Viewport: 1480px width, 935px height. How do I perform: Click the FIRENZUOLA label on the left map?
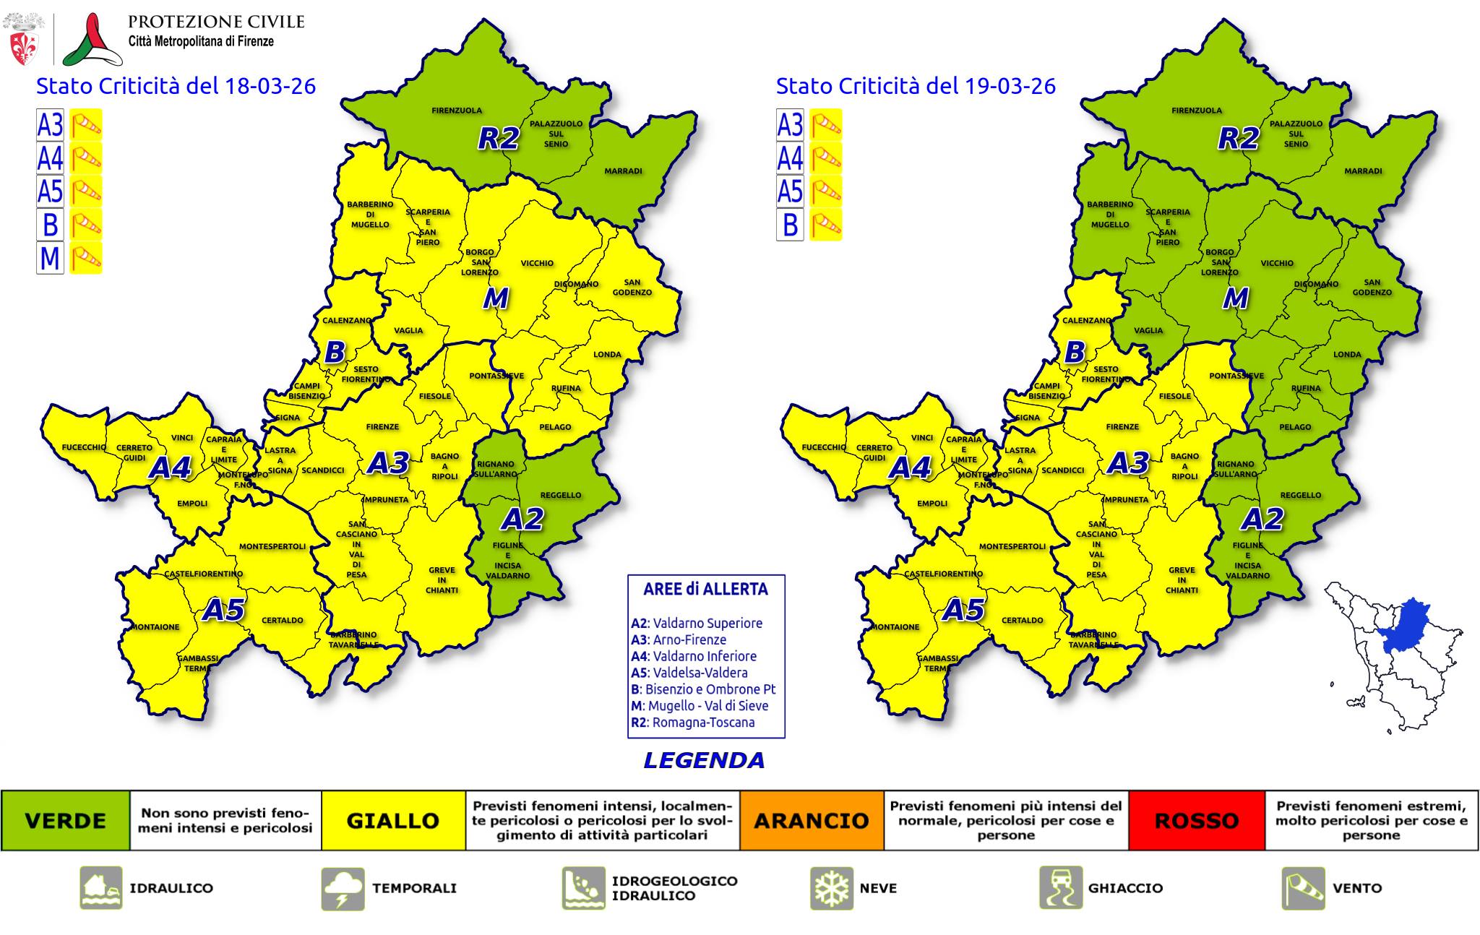click(x=457, y=111)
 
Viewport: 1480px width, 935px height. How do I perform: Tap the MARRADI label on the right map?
click(x=1363, y=171)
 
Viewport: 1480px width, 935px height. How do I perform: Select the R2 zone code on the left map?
click(x=499, y=138)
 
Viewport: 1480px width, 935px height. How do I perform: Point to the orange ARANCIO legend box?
click(x=811, y=821)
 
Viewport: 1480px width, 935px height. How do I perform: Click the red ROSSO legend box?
click(x=1197, y=821)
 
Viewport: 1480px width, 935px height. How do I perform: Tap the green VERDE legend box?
click(x=65, y=821)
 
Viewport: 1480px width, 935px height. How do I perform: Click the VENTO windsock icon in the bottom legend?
click(x=1303, y=888)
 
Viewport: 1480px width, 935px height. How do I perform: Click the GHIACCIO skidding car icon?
click(x=1061, y=888)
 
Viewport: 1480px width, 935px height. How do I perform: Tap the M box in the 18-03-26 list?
click(x=50, y=258)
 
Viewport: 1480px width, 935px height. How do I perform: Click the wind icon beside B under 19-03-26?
click(x=826, y=225)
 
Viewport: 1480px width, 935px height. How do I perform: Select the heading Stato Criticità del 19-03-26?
click(x=916, y=86)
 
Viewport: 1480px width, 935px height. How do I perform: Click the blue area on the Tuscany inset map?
click(x=1406, y=627)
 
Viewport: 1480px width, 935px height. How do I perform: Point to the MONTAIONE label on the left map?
click(x=155, y=627)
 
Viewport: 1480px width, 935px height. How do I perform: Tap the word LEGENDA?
click(x=704, y=760)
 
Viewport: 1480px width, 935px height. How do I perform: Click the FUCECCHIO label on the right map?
click(x=824, y=448)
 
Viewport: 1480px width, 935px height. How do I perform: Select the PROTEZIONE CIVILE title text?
click(x=216, y=22)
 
